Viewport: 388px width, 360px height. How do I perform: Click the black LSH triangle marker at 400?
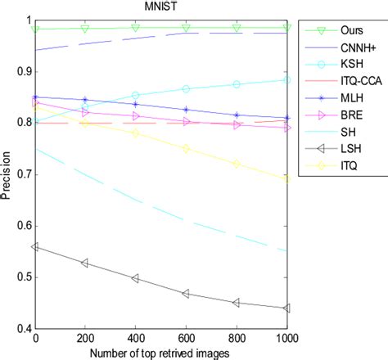coord(136,278)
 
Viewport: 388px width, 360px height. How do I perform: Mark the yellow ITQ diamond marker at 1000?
coord(286,178)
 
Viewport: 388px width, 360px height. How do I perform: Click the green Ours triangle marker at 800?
coord(237,28)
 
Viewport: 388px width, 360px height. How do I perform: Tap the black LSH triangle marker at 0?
coord(35,246)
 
